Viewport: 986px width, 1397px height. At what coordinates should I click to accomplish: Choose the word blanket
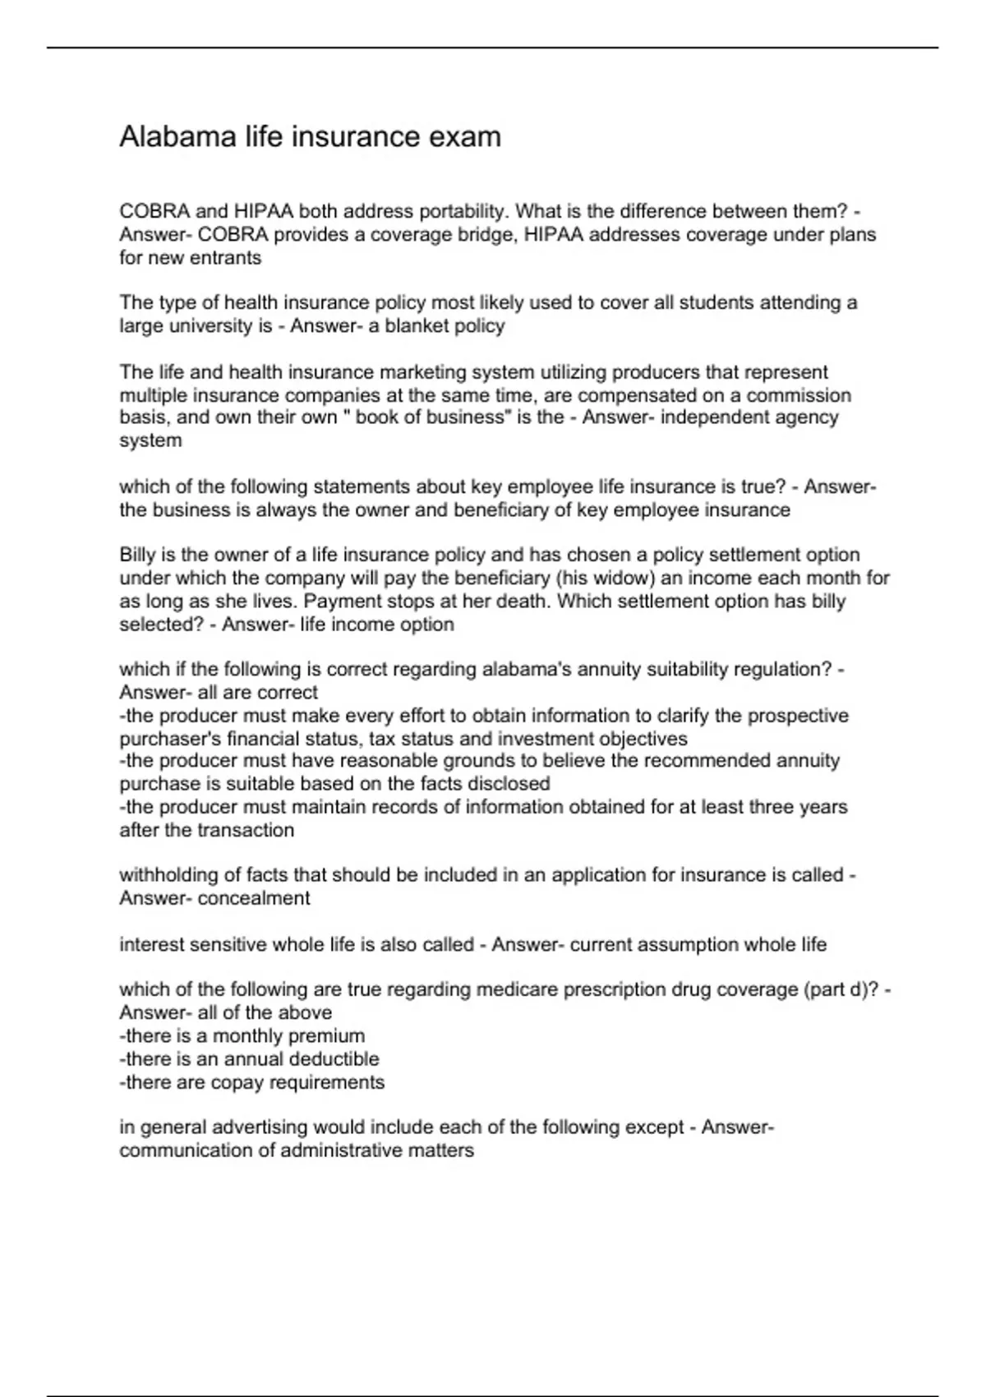tap(417, 326)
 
